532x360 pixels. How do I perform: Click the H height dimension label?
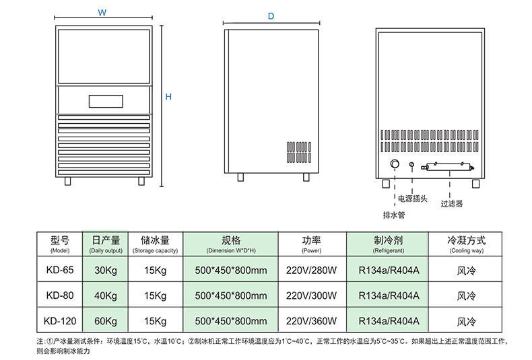(x=169, y=97)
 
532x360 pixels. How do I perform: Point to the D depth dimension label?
(x=271, y=16)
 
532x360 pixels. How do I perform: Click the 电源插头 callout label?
(x=412, y=199)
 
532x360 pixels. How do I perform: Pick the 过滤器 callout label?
(x=451, y=203)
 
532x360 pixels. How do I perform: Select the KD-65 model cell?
(x=60, y=271)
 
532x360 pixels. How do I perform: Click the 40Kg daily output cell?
(x=105, y=295)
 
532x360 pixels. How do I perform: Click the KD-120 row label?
(x=60, y=320)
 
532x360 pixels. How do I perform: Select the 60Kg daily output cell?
(x=105, y=320)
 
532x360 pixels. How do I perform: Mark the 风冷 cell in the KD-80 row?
(x=466, y=295)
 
